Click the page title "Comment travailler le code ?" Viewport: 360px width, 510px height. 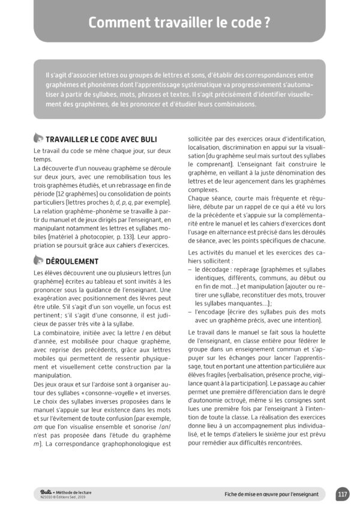pos(179,23)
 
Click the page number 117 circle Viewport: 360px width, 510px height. pos(343,494)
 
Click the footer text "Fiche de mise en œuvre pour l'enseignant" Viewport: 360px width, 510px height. pos(271,495)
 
